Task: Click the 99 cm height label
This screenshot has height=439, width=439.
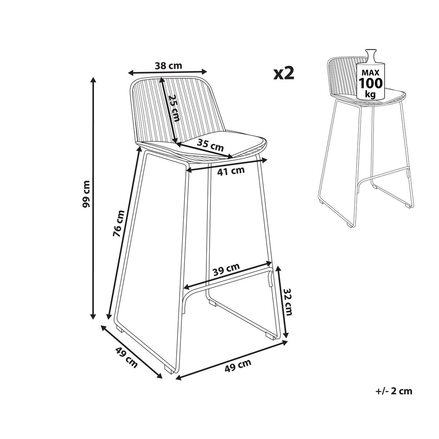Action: (x=87, y=194)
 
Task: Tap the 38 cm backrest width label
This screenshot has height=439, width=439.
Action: (x=168, y=66)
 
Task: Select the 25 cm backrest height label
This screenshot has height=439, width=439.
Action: (x=174, y=108)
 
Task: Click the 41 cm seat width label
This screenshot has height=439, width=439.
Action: (x=231, y=170)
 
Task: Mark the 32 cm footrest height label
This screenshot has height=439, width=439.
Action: (x=288, y=302)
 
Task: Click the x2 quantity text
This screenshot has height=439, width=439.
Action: (x=284, y=74)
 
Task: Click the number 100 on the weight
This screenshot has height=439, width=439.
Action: (x=371, y=83)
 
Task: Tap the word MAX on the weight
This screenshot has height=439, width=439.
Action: (x=371, y=73)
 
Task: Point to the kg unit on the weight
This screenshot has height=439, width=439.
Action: (x=370, y=94)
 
